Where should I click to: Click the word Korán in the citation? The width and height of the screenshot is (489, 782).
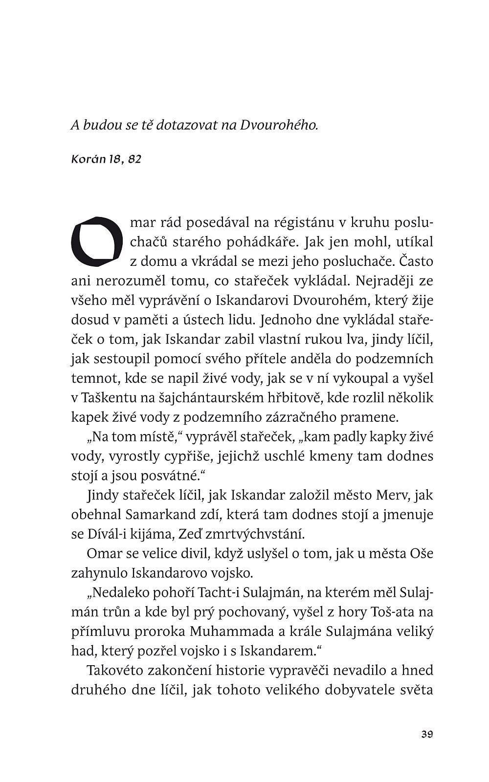89,159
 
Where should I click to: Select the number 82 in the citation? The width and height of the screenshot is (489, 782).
134,159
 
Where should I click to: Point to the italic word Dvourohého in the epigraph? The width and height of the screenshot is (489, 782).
279,126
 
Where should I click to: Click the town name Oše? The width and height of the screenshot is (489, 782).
422,553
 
